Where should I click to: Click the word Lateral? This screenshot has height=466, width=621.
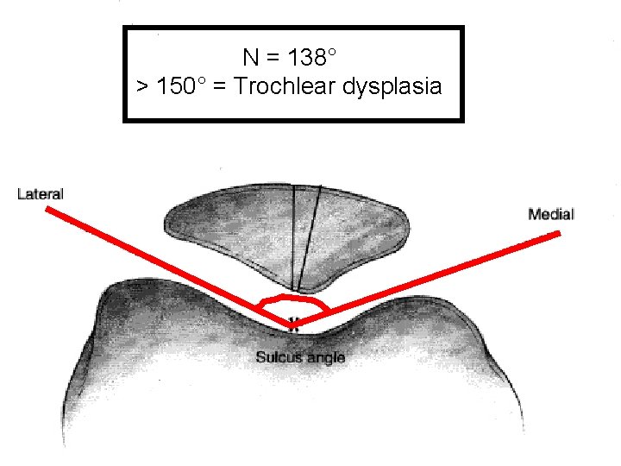41,194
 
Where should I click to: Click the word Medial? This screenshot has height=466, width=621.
551,214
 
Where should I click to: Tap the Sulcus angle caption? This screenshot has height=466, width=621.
300,356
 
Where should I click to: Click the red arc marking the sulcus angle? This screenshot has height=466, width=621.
293,297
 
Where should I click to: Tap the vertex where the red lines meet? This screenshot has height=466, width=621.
292,325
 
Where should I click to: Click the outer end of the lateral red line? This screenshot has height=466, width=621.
47,208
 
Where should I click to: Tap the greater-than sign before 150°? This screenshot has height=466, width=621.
142,87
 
